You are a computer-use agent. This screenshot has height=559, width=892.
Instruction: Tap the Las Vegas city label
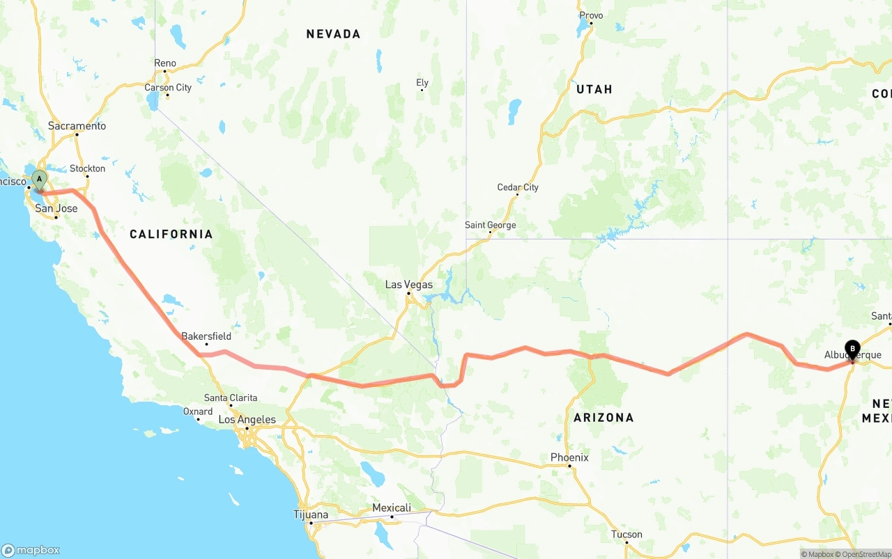click(x=408, y=285)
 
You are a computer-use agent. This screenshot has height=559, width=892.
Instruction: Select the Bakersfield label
click(x=206, y=336)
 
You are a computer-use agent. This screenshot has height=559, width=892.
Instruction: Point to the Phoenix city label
click(x=569, y=457)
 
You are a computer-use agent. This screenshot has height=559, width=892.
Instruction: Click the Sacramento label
click(x=77, y=126)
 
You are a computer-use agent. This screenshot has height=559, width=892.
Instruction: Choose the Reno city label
click(x=165, y=63)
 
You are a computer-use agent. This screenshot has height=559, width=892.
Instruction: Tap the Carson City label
click(x=168, y=88)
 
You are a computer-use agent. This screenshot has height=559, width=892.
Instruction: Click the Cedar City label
click(x=518, y=187)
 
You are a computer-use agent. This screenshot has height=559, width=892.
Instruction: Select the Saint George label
click(x=491, y=225)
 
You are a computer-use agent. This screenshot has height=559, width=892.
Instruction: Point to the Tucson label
click(x=626, y=535)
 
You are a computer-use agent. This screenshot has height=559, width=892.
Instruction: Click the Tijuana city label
click(x=311, y=515)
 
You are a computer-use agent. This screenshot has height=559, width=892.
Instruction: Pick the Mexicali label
click(x=392, y=508)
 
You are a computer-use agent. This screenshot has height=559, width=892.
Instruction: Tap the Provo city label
click(x=591, y=15)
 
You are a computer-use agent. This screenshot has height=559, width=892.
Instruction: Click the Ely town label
click(x=422, y=83)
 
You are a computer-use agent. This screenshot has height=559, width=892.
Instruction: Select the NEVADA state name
click(x=333, y=34)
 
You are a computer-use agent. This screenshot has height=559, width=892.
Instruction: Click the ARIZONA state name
click(x=603, y=418)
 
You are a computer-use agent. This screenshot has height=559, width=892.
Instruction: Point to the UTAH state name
click(x=594, y=89)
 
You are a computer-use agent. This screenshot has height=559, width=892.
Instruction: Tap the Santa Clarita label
click(x=231, y=398)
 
